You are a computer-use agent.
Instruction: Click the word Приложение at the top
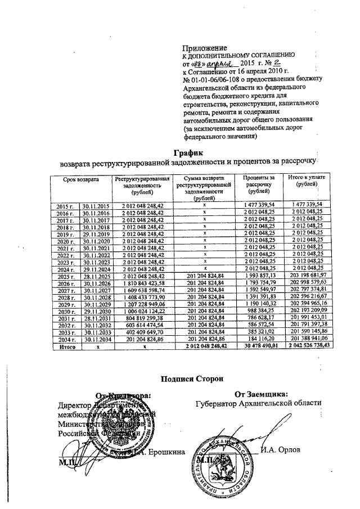205,48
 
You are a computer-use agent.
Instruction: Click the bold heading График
187,153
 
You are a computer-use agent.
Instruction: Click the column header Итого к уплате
305,181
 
